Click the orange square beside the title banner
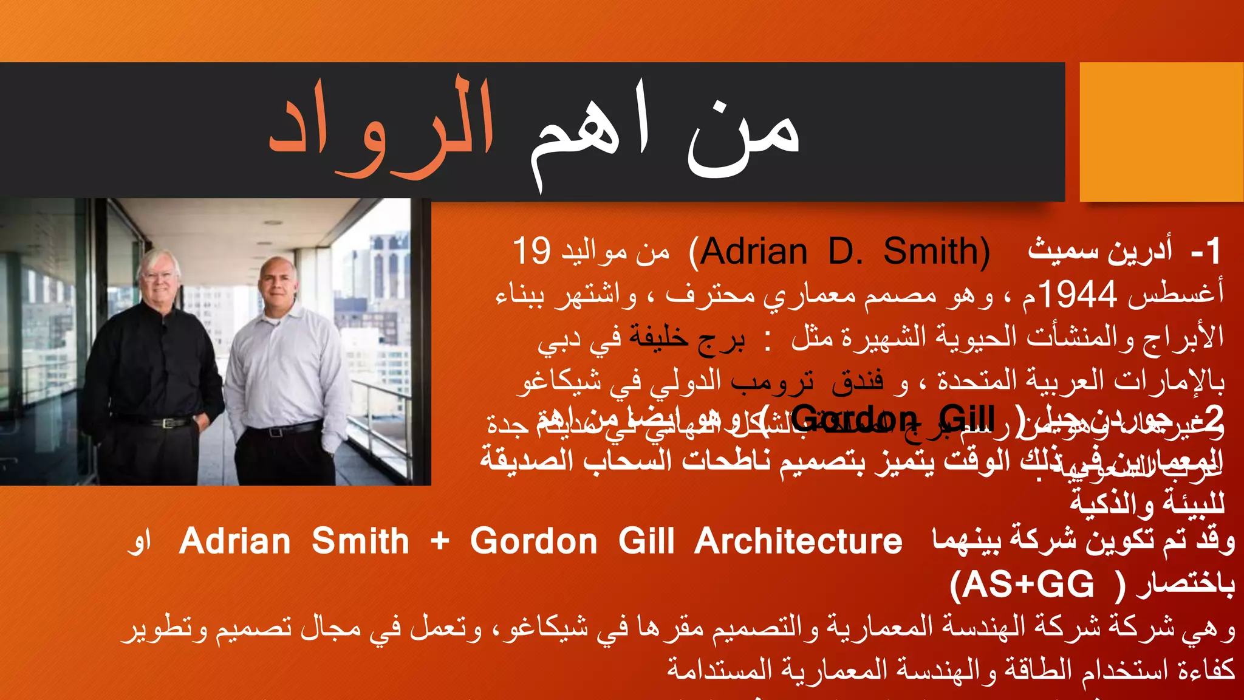coord(1161,131)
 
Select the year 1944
coord(1078,295)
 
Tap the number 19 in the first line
coord(531,251)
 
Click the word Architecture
coord(798,541)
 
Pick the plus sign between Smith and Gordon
coord(439,541)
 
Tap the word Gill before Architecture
coord(646,541)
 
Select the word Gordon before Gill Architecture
coord(534,541)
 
